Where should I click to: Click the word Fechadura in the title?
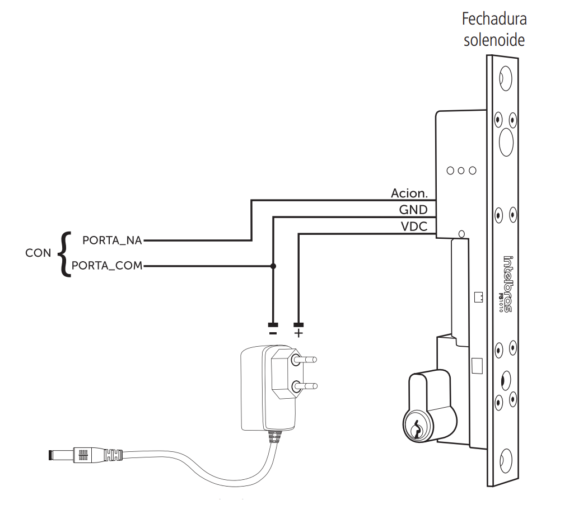coord(494,19)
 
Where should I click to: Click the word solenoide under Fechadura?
coord(494,40)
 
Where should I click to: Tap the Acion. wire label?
coord(409,193)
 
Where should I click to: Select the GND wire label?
coord(413,210)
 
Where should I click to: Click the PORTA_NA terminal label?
coord(112,240)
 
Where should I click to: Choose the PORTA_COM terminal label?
coord(107,266)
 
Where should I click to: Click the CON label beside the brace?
coord(38,253)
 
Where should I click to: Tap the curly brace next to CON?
coord(64,253)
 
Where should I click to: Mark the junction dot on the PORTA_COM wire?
coord(273,266)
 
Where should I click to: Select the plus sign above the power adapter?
coord(298,334)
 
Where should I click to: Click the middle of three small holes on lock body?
coord(461,170)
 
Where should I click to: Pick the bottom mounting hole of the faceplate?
coord(506,460)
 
